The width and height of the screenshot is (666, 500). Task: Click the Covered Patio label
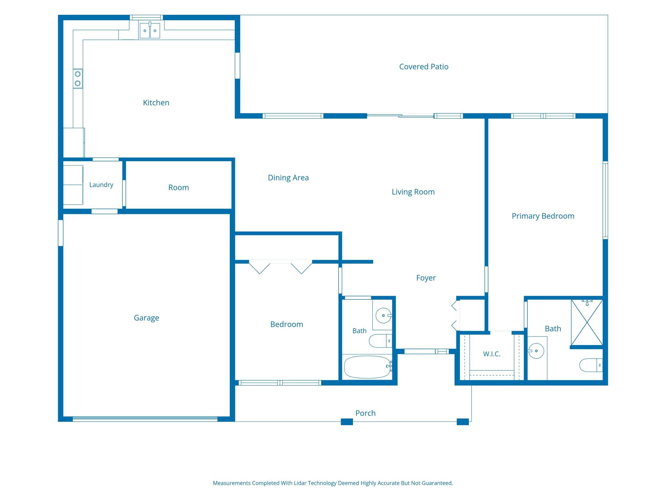pos(424,67)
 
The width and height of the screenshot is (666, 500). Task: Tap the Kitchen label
pos(156,103)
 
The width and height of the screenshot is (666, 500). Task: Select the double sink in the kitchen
pos(150,30)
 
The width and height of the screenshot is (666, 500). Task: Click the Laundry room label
pos(101,185)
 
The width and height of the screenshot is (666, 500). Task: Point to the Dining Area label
pos(288,178)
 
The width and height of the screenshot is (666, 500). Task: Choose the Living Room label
pos(413,192)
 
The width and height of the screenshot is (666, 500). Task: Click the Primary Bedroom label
pos(543,216)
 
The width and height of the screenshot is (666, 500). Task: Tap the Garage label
pos(146,318)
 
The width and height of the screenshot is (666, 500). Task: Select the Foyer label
pos(426,278)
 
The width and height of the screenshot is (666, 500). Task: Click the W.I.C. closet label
pos(492,354)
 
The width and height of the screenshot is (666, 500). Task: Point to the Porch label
pos(365,413)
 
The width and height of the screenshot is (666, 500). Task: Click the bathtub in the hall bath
pos(368,367)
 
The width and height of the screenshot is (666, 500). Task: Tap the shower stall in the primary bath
pos(587,322)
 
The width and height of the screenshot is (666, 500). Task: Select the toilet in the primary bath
pos(591,365)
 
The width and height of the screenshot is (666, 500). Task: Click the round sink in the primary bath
pos(536,351)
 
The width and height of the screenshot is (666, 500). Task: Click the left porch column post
pos(347,422)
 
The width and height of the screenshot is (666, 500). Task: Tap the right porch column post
pos(463,422)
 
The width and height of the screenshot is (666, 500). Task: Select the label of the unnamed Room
pos(178,187)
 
